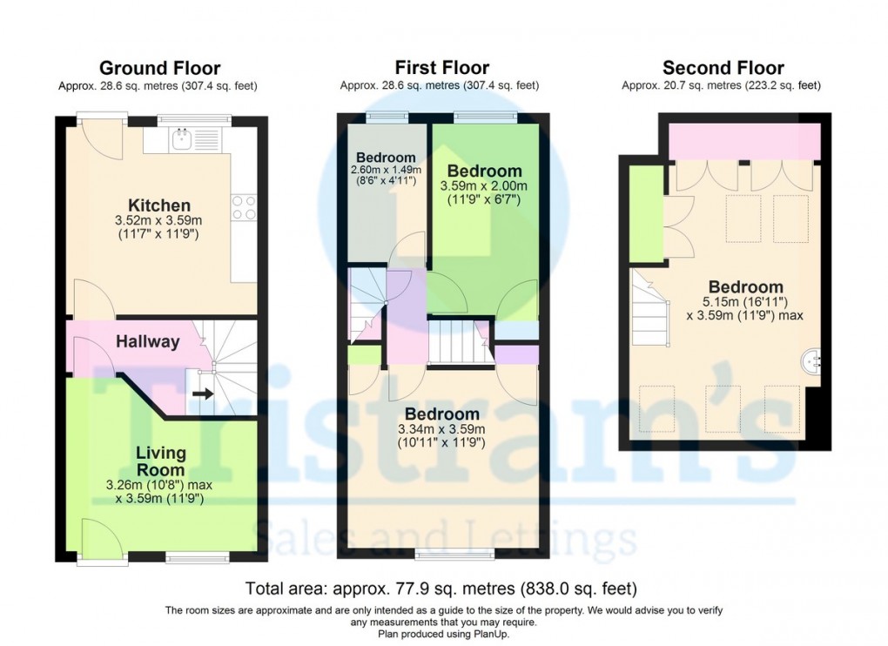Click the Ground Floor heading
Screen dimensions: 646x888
159,68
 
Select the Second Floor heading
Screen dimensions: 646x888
723,68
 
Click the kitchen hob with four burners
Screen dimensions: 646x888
244,206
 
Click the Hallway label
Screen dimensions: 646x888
148,342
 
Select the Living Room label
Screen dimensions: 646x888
161,461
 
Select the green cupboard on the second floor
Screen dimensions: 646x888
645,213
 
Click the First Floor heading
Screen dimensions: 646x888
441,68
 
